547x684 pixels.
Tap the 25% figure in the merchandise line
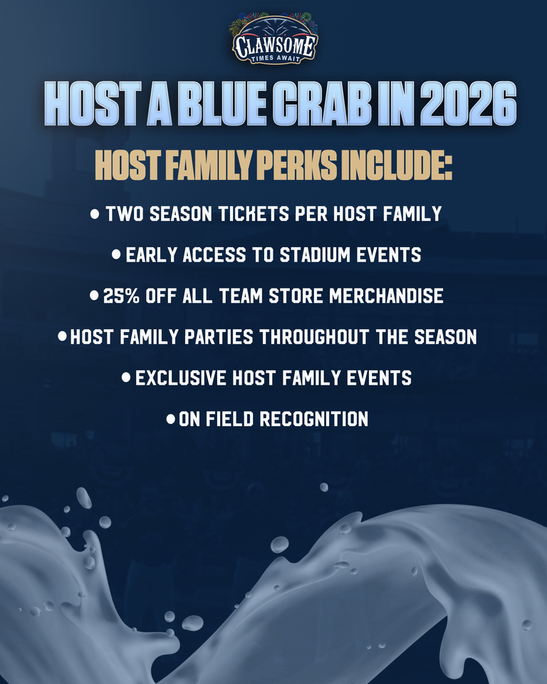click(x=122, y=296)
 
